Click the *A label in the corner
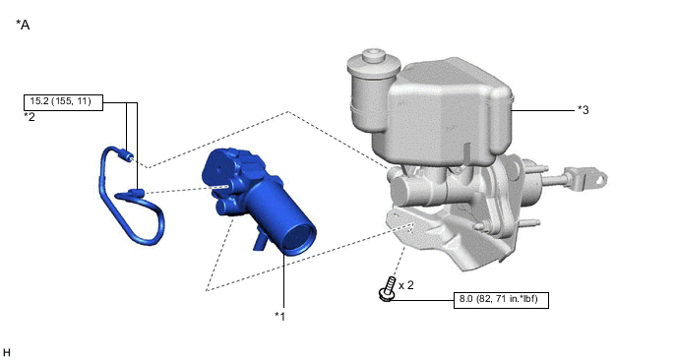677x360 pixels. pos(24,25)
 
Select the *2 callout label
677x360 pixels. pos(30,116)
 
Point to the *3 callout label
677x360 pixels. pos(584,110)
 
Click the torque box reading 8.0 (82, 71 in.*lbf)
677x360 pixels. pos(502,300)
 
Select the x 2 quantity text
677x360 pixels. pos(405,284)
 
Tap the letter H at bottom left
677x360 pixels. pos(7,351)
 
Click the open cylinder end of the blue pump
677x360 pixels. pos(300,237)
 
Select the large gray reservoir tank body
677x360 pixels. pos(448,113)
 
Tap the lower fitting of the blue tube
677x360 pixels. pos(136,192)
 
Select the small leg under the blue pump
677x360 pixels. pos(259,241)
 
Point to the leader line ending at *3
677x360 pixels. pos(546,110)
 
